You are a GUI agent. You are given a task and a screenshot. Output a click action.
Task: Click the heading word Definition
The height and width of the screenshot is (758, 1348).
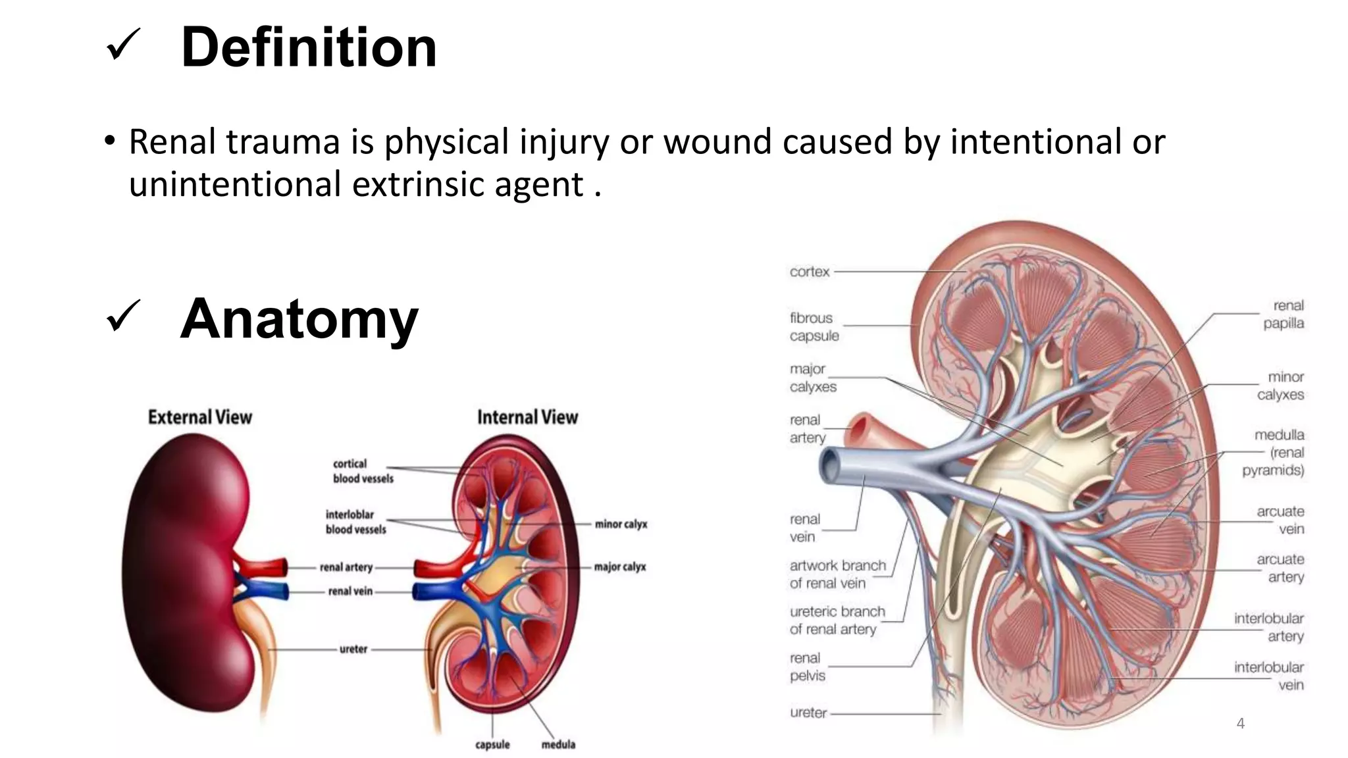point(309,47)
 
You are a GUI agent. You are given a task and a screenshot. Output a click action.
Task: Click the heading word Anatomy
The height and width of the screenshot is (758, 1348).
point(299,319)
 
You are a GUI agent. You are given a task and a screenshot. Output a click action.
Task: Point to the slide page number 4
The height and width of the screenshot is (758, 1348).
point(1240,724)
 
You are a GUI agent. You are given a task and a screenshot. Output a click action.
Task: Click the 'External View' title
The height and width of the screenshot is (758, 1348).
point(199,417)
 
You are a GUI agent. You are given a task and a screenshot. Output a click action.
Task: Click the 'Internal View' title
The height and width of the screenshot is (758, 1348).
point(527,417)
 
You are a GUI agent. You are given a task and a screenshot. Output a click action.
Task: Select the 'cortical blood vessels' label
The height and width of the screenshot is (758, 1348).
point(363,471)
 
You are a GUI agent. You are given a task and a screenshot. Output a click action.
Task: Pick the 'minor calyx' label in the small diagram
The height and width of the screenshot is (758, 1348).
point(621,524)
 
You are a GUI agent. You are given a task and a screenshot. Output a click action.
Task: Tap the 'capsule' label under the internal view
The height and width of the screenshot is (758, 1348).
point(492,744)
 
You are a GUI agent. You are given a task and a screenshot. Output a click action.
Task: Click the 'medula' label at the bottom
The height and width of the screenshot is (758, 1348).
point(558,744)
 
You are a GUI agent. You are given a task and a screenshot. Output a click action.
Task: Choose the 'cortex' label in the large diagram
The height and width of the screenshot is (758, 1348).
point(810,272)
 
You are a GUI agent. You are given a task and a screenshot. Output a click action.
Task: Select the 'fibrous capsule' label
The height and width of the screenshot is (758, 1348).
point(814,327)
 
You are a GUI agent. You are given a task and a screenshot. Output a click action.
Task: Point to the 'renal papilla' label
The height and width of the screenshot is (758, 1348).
point(1283,315)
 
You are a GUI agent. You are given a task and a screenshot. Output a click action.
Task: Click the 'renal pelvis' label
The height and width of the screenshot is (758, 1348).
point(807,667)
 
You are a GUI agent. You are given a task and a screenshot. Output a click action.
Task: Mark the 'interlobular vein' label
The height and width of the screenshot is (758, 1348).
point(1268,676)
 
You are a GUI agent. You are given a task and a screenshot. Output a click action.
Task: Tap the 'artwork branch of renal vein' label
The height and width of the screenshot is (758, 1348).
point(837,574)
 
